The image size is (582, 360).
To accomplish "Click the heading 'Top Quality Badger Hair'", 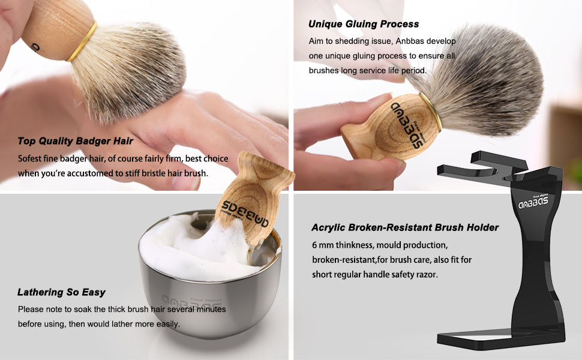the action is pyautogui.click(x=76, y=141).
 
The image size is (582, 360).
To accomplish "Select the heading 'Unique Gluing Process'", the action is pyautogui.click(x=364, y=24).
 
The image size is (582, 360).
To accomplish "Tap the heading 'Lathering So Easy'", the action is pyautogui.click(x=61, y=292).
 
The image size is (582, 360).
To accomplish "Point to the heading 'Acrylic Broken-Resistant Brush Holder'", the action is pyautogui.click(x=405, y=227).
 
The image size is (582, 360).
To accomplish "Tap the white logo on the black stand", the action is pyautogui.click(x=533, y=202).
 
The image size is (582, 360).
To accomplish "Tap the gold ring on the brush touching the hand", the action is pyautogui.click(x=82, y=41).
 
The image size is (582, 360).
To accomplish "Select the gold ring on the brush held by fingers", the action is pyautogui.click(x=431, y=112).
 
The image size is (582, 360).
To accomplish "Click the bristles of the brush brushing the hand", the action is pyautogui.click(x=128, y=71).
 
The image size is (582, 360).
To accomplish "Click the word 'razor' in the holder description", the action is pyautogui.click(x=428, y=275).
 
